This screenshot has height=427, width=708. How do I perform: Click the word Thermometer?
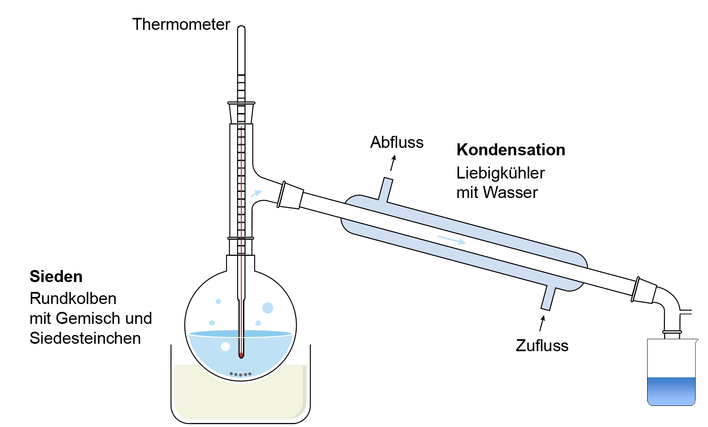coord(181,24)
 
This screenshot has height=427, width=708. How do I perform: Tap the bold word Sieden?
coord(56,276)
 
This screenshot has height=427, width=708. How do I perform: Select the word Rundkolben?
coord(73,298)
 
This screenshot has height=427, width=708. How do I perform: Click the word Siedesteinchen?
coord(85,338)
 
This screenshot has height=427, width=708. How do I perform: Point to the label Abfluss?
coord(397,142)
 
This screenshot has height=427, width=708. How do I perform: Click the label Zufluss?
coord(542,345)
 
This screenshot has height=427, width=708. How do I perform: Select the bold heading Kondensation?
coord(511,150)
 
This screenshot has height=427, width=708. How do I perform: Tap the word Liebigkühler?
coord(500,173)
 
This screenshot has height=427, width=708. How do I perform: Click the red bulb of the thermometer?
coord(241,355)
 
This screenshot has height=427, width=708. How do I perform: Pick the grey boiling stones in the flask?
coord(241,374)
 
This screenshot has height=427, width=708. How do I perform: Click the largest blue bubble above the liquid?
coord(267,308)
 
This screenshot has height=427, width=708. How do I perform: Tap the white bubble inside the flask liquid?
coord(225,346)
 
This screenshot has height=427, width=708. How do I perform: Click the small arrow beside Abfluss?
coord(393,162)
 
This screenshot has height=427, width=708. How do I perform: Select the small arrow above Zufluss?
coord(542,323)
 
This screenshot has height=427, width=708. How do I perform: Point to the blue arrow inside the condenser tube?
coord(452,239)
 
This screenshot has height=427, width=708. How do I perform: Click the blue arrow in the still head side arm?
coord(256,193)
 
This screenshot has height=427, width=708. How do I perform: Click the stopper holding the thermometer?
coord(241,113)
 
